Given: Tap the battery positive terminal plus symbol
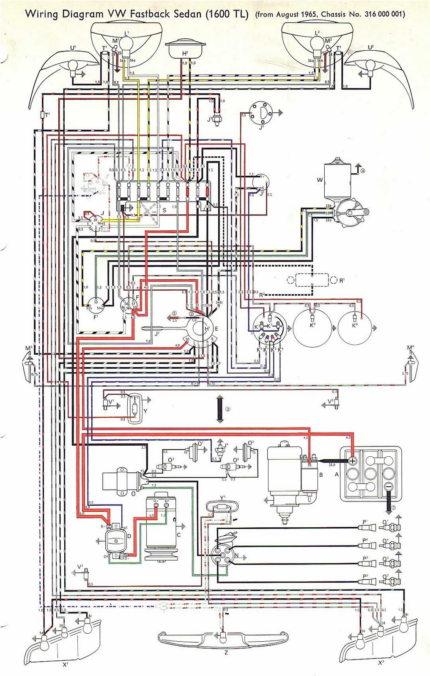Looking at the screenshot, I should pyautogui.click(x=352, y=461).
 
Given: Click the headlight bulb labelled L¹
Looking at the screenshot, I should pyautogui.click(x=126, y=43).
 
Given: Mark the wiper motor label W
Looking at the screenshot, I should pyautogui.click(x=320, y=180).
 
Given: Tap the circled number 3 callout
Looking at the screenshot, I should pyautogui.click(x=227, y=409).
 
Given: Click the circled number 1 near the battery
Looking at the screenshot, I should pyautogui.click(x=394, y=507).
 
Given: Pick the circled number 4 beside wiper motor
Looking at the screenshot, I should pyautogui.click(x=362, y=171).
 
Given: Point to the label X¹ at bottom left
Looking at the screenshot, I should pyautogui.click(x=66, y=665).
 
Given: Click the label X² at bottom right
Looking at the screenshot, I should pyautogui.click(x=381, y=662).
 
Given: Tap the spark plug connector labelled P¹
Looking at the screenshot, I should pyautogui.click(x=366, y=527).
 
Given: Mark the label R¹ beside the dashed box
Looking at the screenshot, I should pyautogui.click(x=342, y=281).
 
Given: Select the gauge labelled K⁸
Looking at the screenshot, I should pyautogui.click(x=355, y=326).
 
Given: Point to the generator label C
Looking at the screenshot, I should pyautogui.click(x=178, y=535).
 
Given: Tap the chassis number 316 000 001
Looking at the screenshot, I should pyautogui.click(x=383, y=14).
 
